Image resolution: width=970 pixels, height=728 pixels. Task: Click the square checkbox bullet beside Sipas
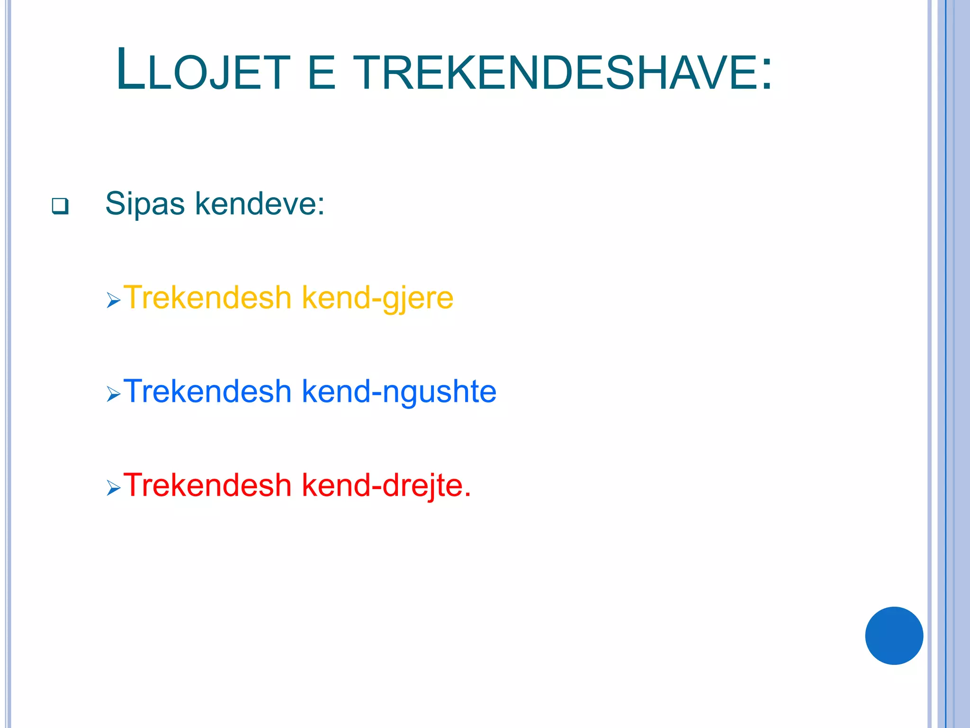coord(60,206)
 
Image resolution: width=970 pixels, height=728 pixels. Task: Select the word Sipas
coord(145,204)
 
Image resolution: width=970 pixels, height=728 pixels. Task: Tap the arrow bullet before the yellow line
coord(114,300)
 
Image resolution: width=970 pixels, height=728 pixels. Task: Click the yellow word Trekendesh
coord(207,298)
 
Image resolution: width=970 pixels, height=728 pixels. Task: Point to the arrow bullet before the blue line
coord(114,393)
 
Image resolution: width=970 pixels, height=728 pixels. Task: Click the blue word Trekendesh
coord(207,391)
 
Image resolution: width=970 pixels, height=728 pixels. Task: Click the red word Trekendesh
coord(207,485)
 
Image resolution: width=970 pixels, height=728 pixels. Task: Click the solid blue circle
coord(894,636)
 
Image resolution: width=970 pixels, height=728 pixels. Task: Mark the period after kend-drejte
coord(467,494)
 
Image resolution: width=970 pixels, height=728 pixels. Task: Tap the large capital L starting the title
coord(130,70)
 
